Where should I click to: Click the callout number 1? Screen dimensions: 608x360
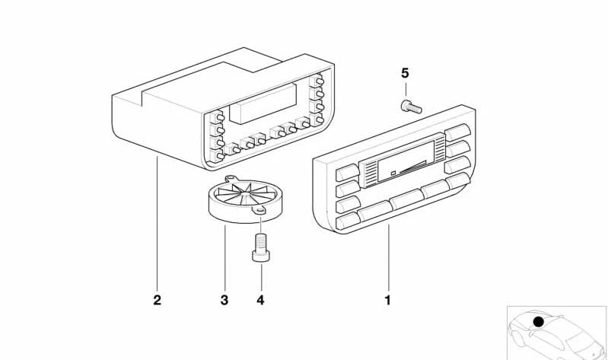coord(387,301)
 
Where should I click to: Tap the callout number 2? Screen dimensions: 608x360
coord(157,301)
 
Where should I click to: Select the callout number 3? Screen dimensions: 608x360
coord(224,301)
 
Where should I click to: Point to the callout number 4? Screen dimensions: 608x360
coord(260,301)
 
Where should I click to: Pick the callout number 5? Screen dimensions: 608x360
coord(405,73)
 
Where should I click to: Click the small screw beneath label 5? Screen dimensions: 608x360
coord(411,107)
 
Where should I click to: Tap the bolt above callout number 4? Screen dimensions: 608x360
coord(261,247)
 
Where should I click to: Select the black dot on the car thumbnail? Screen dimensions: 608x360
coord(538,322)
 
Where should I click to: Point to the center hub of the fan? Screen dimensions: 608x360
coord(244,193)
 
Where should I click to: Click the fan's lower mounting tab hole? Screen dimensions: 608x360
coord(259,211)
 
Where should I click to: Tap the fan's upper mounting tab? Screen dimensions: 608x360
coord(231,178)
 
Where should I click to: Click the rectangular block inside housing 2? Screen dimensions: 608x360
coord(263,104)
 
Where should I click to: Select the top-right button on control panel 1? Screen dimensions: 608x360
coord(457,132)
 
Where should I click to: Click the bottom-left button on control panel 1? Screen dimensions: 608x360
coord(348,222)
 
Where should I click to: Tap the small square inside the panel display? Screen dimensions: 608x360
coord(393,173)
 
